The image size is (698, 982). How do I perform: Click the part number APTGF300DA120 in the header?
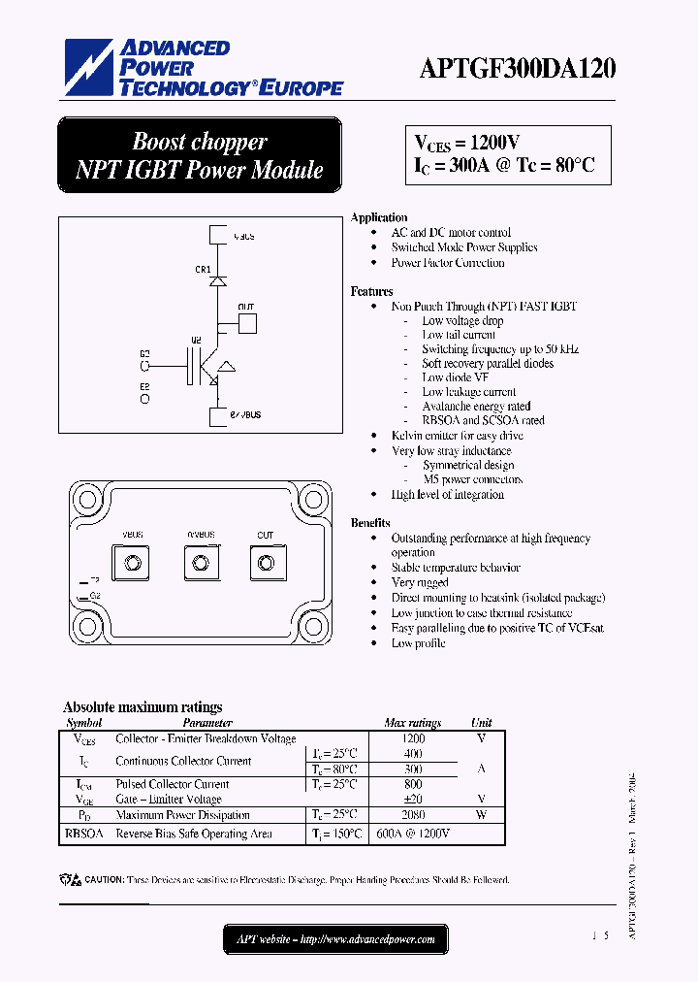[x=518, y=69]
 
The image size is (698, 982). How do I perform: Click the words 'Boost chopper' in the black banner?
[x=200, y=142]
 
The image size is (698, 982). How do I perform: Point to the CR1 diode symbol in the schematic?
[x=218, y=279]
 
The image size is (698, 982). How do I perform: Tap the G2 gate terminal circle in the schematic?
[x=145, y=367]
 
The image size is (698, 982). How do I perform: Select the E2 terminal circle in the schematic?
[x=145, y=398]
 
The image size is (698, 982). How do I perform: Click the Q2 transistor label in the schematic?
[x=196, y=341]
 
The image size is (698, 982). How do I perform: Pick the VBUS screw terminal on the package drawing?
[x=133, y=562]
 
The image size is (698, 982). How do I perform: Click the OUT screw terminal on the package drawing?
[x=265, y=562]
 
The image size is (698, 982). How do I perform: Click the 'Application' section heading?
[x=379, y=217]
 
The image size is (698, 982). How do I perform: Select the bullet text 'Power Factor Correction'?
[x=447, y=263]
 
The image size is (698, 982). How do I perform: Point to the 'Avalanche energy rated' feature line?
[x=476, y=407]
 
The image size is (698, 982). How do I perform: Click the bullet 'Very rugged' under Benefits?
[x=420, y=582]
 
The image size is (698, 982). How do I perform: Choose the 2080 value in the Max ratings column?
[x=412, y=815]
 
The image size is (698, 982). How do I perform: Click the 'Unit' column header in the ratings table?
[x=481, y=723]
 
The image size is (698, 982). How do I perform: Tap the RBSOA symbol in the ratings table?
[x=83, y=834]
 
